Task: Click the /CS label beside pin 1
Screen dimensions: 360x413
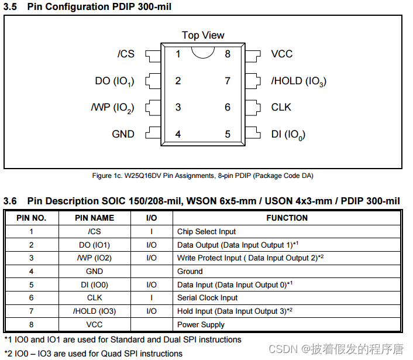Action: [126, 54]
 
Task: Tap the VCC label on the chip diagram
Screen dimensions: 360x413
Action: [281, 54]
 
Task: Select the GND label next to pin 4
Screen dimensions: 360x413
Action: [123, 134]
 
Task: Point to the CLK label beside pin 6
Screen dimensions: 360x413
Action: [281, 107]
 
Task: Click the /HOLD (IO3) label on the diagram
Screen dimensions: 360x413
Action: [298, 81]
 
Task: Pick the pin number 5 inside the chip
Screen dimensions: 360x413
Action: [228, 134]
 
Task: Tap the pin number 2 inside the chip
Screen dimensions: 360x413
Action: [178, 81]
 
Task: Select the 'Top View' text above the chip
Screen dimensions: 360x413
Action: [203, 35]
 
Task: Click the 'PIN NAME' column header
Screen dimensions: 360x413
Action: [94, 218]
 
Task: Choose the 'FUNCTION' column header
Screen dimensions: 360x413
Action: [287, 218]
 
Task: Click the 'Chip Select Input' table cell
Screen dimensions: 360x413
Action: [206, 231]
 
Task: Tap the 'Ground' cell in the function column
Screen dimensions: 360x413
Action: [190, 272]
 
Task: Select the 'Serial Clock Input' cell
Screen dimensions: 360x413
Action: [207, 298]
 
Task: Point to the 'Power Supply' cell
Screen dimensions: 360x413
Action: [201, 325]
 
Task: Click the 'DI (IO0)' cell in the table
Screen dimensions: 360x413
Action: [94, 285]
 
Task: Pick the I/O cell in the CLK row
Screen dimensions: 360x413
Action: [152, 298]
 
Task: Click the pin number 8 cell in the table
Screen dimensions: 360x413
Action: [32, 325]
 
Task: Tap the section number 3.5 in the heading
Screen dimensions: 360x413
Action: [11, 7]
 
